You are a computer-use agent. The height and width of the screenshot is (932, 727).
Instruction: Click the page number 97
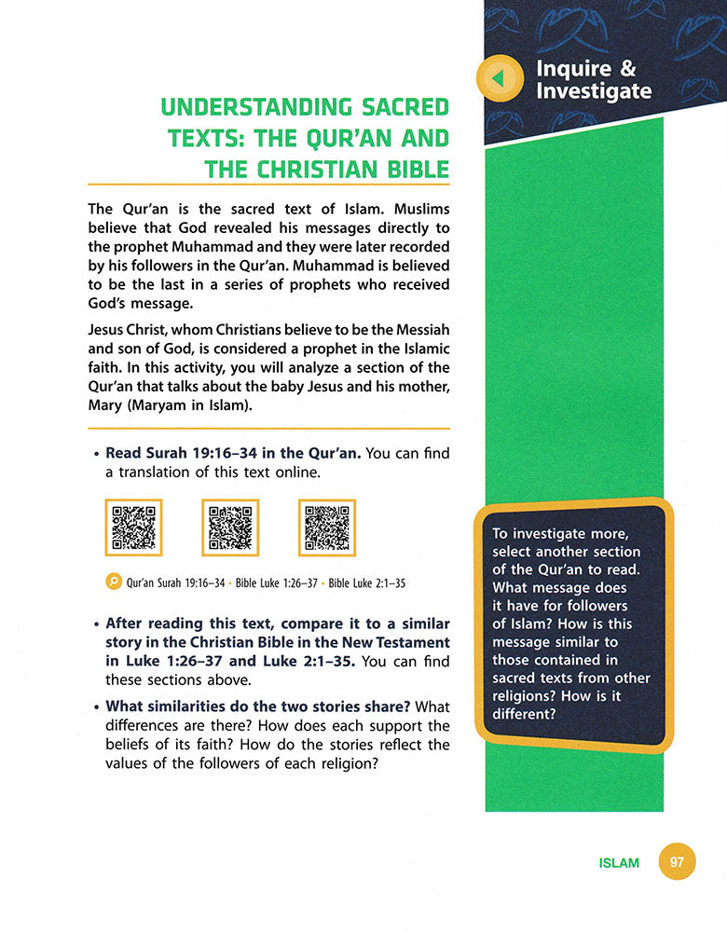pyautogui.click(x=677, y=862)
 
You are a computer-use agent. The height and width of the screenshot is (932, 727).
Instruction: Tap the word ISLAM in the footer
pyautogui.click(x=619, y=863)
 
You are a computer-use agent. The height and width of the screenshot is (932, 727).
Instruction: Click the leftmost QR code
pyautogui.click(x=133, y=528)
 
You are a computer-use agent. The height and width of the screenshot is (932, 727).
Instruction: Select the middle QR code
pyautogui.click(x=230, y=528)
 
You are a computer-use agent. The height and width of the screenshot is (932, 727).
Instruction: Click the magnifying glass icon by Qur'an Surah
pyautogui.click(x=113, y=582)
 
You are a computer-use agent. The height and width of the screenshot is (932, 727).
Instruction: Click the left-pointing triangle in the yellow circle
pyautogui.click(x=499, y=79)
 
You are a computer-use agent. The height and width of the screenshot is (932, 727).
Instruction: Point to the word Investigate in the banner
pyautogui.click(x=594, y=90)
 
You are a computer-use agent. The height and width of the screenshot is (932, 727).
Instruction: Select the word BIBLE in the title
pyautogui.click(x=408, y=169)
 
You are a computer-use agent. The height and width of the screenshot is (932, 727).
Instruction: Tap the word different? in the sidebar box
pyautogui.click(x=524, y=716)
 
